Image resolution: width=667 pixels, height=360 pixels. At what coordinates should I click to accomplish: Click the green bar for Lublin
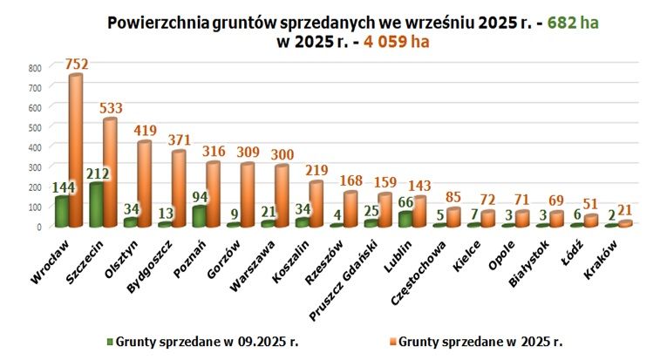(x=404, y=219)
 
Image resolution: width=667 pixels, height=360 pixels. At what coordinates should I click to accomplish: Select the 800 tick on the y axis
(x=34, y=67)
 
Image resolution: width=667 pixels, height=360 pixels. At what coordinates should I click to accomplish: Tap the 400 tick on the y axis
(x=34, y=146)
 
